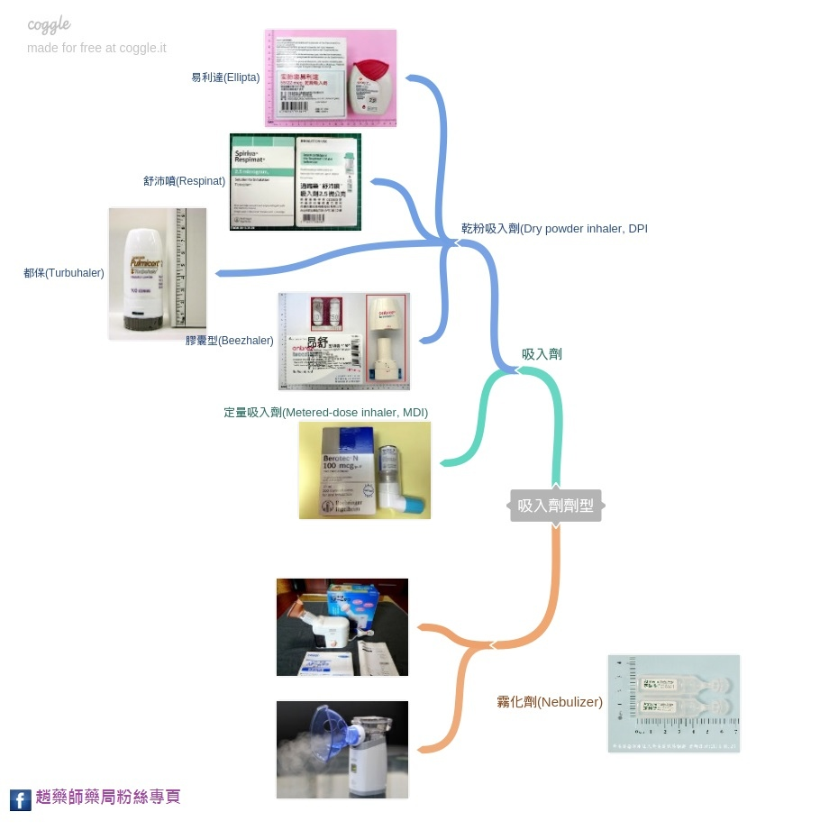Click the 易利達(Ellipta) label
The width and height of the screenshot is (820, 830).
click(x=225, y=78)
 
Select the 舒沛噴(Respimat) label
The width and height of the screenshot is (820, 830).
click(x=184, y=181)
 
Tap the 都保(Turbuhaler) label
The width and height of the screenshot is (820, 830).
click(x=64, y=273)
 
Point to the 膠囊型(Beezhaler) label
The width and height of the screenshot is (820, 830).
click(x=230, y=341)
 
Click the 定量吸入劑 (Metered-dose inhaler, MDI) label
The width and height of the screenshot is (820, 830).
click(x=325, y=413)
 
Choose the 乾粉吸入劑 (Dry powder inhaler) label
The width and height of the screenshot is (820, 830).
click(x=554, y=229)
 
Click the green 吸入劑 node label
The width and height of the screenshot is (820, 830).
click(x=542, y=354)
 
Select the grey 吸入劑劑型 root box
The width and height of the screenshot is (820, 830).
click(x=556, y=506)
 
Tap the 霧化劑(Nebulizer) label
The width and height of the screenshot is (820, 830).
click(x=550, y=702)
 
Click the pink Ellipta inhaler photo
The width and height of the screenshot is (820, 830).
click(x=331, y=78)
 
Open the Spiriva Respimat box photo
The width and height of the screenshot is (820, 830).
click(x=296, y=182)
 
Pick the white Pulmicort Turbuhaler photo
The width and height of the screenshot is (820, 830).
click(x=158, y=274)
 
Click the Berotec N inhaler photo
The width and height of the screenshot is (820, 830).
click(x=365, y=470)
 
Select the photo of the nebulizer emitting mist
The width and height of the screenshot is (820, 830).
click(x=342, y=750)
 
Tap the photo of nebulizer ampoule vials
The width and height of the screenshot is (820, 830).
click(x=674, y=703)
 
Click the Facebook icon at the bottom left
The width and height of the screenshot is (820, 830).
click(x=21, y=799)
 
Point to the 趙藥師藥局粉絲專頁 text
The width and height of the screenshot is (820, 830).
click(x=108, y=797)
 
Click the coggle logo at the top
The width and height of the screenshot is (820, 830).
click(x=49, y=25)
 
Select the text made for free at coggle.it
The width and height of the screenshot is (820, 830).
click(x=96, y=48)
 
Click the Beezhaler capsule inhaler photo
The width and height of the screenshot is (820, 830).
click(x=344, y=342)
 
